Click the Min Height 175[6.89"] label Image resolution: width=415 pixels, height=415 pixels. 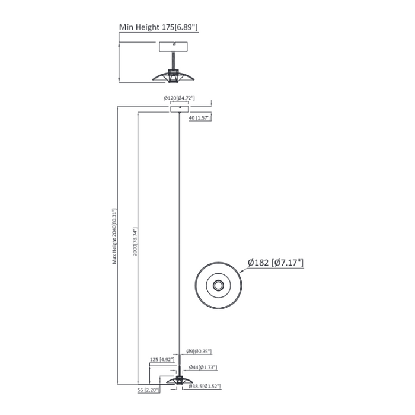158,27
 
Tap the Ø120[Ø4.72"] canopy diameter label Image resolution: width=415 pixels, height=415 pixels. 180,98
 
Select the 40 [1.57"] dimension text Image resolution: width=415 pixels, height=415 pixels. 200,118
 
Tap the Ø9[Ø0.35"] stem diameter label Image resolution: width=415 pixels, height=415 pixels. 199,352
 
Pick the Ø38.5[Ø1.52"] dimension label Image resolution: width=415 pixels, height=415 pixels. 204,386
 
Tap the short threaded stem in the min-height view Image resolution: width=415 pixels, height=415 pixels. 173,60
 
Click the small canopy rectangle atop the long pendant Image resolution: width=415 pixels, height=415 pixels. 180,108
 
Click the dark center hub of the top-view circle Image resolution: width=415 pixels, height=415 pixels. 219,286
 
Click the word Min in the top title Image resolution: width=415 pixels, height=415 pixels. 127,27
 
